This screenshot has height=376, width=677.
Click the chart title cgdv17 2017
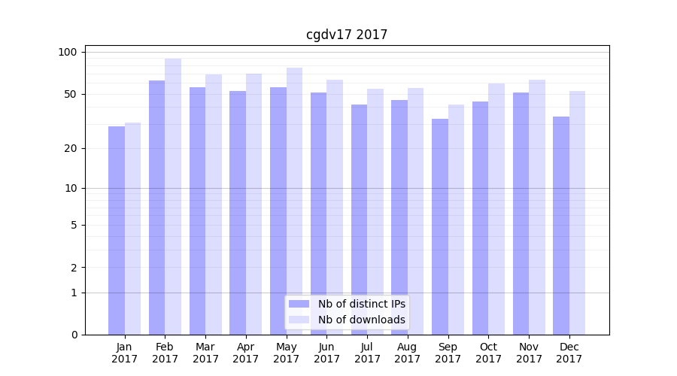pos(347,35)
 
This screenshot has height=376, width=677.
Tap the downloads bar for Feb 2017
pos(173,196)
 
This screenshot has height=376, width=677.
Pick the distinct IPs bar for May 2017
pos(278,211)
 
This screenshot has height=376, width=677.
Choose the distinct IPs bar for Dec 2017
pos(561,226)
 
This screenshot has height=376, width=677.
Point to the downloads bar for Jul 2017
pos(375,211)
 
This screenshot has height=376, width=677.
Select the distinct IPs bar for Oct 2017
pos(480,218)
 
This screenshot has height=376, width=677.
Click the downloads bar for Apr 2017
pos(253,204)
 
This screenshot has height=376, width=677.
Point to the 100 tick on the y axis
pos(68,52)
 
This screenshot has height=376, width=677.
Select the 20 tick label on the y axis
pos(71,148)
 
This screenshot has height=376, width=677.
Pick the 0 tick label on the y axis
pos(74,335)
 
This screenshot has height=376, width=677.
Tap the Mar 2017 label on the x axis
pos(205,353)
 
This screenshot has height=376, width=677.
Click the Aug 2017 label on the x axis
pos(407,353)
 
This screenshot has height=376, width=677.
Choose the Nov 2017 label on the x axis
pos(529,353)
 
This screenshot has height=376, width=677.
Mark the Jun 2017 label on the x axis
pos(326,353)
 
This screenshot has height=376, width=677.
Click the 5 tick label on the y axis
pos(74,225)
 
